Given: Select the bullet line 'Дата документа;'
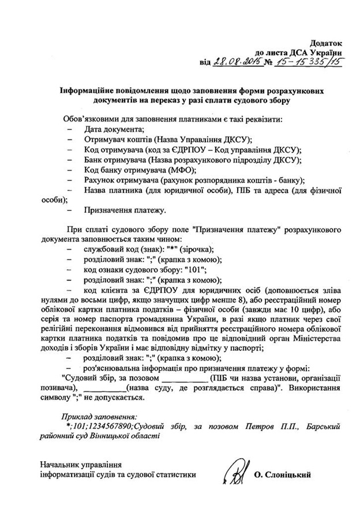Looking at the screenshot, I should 114,130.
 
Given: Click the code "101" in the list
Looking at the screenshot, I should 193,269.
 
